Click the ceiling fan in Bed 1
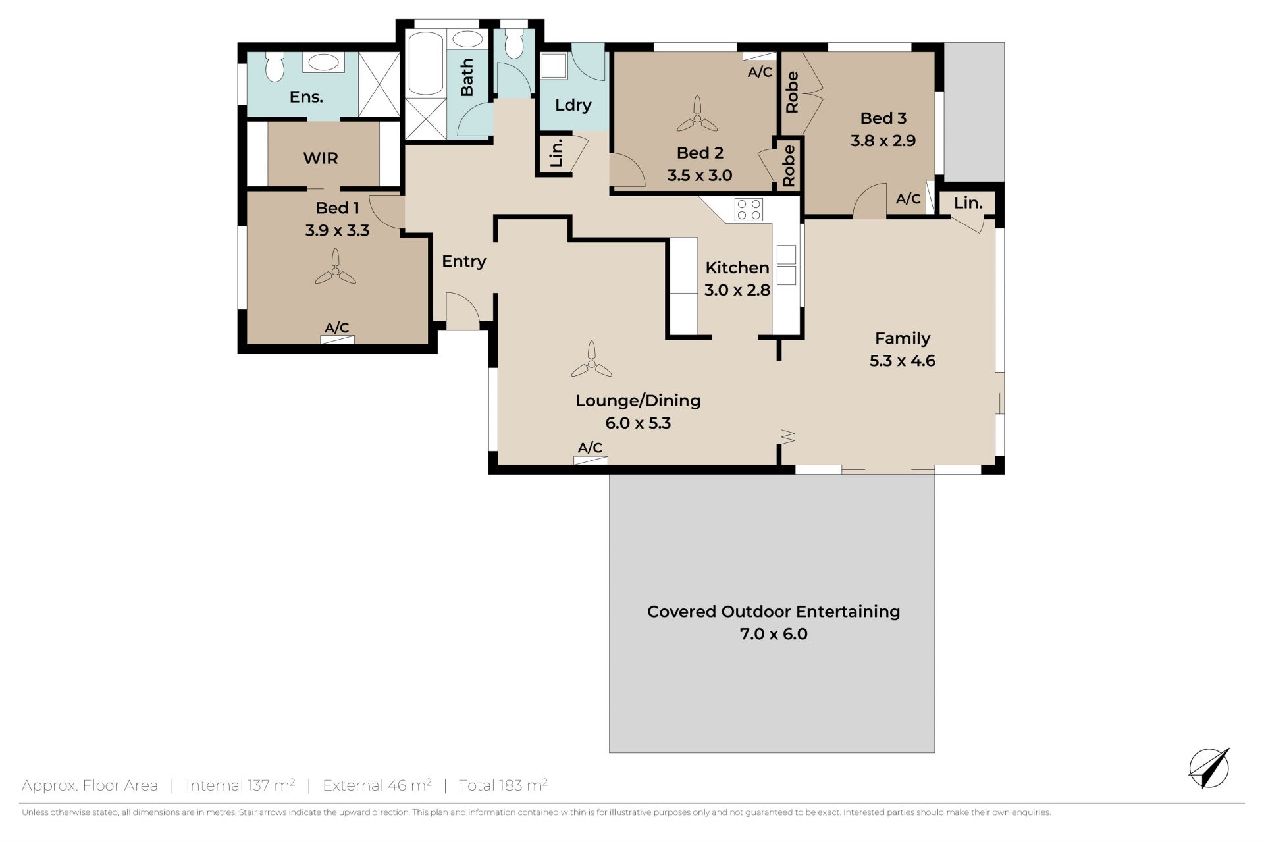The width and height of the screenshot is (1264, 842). coord(335,267)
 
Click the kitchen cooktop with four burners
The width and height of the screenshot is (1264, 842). coord(749,209)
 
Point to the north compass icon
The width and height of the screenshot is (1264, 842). coord(1209,768)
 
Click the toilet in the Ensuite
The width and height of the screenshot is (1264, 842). coord(275,66)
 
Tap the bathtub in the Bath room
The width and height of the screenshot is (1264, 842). coord(425,63)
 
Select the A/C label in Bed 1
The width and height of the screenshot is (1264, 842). coord(337,327)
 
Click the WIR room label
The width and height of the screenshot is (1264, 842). coord(321,158)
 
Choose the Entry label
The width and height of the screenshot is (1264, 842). coord(463,261)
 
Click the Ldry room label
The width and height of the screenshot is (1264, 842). coord(573,105)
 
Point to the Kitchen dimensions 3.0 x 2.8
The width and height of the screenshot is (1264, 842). coord(737,290)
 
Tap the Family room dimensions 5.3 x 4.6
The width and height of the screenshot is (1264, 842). coord(902,361)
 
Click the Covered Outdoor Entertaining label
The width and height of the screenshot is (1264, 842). coord(774,612)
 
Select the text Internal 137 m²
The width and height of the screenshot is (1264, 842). coord(240,785)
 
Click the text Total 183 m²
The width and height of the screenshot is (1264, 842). coord(503,785)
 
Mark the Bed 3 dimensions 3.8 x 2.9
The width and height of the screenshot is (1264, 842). coord(883,140)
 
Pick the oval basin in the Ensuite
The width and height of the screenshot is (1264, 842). coord(323,63)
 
